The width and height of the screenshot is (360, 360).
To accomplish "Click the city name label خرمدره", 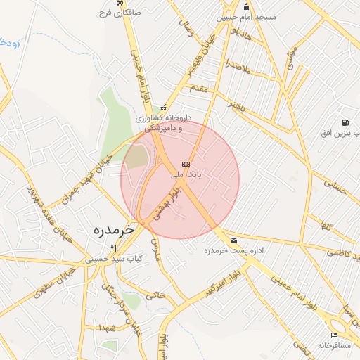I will coord(113,229).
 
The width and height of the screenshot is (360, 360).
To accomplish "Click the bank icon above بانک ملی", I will coord(186,163).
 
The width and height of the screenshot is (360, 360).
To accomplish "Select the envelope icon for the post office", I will coord(233,241).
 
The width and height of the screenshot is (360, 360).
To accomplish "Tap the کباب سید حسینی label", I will coord(115,259).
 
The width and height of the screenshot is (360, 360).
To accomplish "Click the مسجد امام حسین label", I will coord(246,16).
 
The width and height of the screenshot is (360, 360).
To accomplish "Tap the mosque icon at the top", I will coord(246,6).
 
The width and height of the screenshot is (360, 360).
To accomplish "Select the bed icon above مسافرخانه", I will coord(334,335).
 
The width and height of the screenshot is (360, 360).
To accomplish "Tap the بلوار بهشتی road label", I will coord(164,207).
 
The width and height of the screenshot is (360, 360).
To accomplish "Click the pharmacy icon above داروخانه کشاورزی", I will coord(163,108).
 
